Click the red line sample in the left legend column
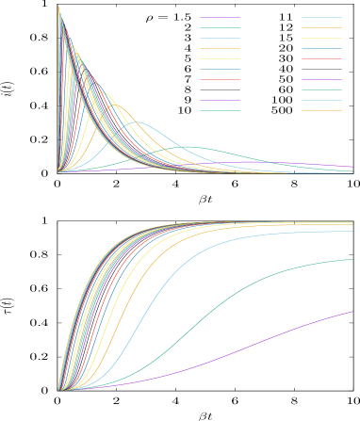220,79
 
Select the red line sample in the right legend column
321,58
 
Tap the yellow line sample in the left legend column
220,58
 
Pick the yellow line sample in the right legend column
321,38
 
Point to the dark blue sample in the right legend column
321,48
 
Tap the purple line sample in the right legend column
321,79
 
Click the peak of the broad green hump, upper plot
193,146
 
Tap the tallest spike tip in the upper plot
58,7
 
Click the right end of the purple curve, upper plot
352,166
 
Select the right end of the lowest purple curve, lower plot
352,311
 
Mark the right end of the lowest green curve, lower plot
352,259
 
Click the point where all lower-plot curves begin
58,390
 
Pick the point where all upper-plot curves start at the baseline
58,172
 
